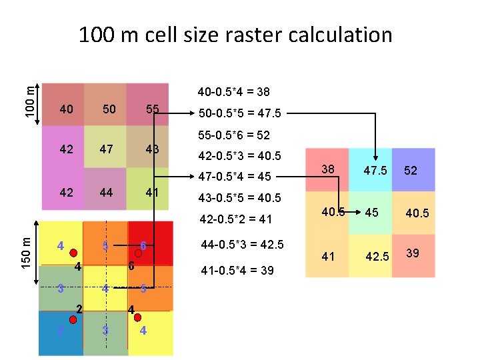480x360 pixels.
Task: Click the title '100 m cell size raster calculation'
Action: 235,35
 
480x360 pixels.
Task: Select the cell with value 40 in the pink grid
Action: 66,109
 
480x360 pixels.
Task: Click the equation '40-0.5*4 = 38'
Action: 234,91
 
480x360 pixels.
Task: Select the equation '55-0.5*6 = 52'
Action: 234,135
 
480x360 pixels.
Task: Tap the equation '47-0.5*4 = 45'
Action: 234,177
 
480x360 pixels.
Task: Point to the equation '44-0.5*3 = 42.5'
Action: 241,244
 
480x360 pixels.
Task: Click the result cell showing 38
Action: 327,170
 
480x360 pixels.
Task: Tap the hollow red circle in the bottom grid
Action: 139,253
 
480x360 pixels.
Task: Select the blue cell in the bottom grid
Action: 61,332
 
